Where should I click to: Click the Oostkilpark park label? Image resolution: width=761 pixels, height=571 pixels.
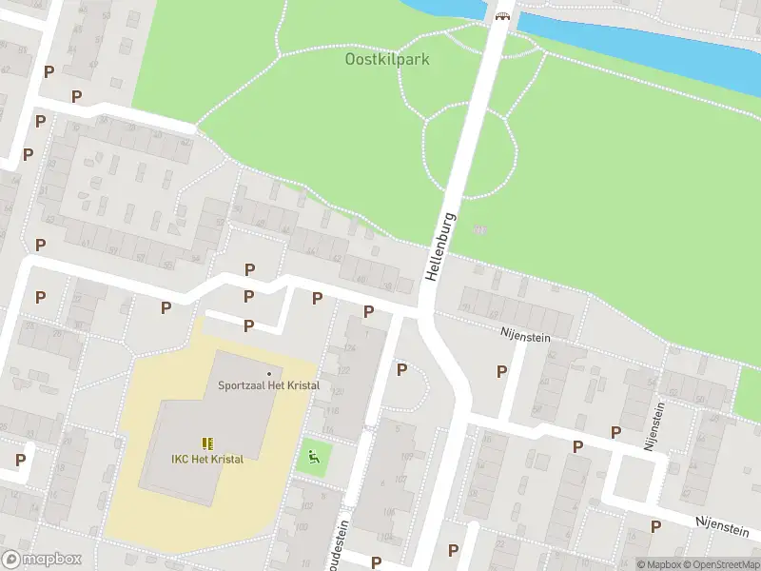point(386,59)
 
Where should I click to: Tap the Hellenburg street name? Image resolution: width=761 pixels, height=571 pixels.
point(440,246)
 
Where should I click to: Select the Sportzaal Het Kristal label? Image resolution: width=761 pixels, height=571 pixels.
point(268,385)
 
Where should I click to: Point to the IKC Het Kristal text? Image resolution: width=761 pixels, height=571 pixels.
point(207,459)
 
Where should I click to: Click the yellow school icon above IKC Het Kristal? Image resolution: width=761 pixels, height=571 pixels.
point(207,443)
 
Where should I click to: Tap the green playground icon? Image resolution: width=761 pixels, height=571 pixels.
point(311,458)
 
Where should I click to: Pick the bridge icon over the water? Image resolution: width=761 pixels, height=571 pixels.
point(501,14)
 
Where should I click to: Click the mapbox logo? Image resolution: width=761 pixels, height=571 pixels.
point(42,560)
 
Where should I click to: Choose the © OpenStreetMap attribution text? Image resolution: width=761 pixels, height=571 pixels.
point(724,564)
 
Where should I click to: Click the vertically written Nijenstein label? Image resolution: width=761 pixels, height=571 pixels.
point(654,423)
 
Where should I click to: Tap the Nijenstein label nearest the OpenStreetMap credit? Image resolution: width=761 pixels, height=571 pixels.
point(725,522)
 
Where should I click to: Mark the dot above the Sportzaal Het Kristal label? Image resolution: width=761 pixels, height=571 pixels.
point(269,373)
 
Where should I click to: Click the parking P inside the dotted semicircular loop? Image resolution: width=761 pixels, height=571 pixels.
point(401,369)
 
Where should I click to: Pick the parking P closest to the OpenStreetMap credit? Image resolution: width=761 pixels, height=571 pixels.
point(655,526)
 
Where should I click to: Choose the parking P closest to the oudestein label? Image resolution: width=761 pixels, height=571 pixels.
point(377,562)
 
